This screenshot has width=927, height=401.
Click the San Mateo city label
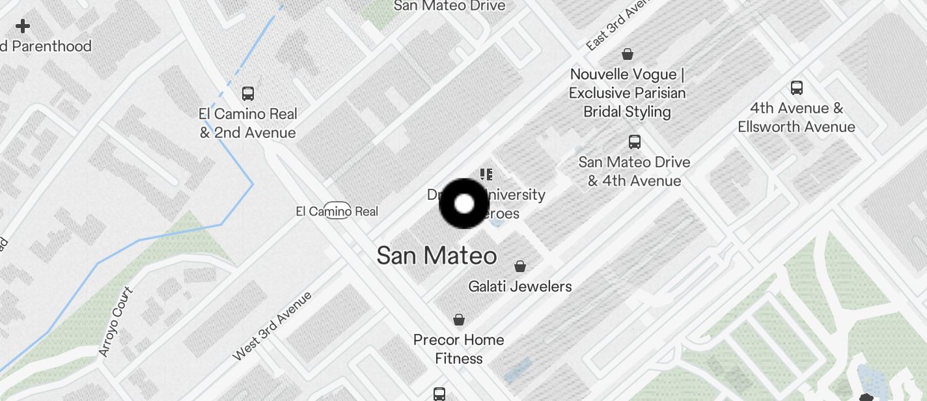tap(436, 256)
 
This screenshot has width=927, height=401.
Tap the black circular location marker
tap(464, 204)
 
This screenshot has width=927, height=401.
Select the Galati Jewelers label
tap(520, 286)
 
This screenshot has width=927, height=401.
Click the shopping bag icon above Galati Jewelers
tap(520, 266)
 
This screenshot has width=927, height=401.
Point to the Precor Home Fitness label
tap(459, 349)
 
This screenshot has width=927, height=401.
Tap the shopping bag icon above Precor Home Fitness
tap(459, 320)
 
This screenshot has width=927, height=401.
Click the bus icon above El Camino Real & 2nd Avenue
tap(247, 93)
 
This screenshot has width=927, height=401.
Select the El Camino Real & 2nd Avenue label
tap(247, 123)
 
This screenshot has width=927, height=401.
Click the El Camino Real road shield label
tap(337, 211)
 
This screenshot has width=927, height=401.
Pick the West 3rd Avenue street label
tap(272, 326)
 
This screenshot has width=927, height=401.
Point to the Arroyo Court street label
tap(115, 322)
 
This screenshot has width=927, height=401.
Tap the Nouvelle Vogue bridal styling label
tap(627, 93)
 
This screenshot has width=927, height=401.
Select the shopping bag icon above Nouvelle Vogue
tap(628, 53)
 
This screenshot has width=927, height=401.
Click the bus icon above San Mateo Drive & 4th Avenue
tap(634, 141)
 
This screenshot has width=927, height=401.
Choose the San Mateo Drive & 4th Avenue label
tap(634, 171)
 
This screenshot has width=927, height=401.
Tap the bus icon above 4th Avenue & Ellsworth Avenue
tap(796, 88)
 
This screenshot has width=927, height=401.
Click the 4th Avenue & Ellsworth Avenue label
tap(796, 117)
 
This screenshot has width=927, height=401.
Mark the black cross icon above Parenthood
tap(23, 26)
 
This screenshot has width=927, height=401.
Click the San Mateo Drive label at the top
tap(450, 6)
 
